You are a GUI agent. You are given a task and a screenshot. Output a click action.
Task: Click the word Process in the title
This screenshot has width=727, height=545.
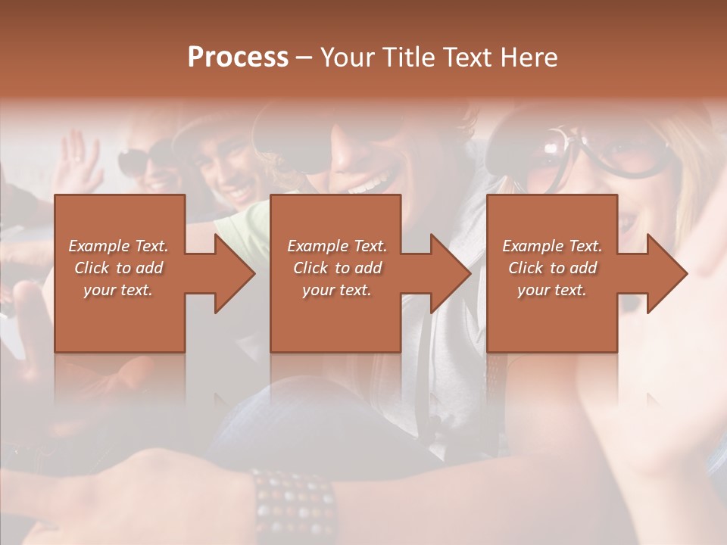238,58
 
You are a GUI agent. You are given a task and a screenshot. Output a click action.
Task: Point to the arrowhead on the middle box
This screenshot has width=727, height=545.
450,273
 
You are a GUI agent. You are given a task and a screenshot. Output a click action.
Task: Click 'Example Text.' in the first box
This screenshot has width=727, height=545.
119,246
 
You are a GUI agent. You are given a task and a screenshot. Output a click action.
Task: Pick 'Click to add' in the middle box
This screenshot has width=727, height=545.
337,268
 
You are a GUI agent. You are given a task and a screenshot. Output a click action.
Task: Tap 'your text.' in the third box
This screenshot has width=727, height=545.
552,290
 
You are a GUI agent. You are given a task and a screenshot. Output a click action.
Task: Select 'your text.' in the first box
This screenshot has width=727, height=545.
119,290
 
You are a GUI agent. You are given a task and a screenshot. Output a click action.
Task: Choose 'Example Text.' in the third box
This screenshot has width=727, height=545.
552,246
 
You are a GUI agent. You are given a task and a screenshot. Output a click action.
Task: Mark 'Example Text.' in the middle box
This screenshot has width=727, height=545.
337,246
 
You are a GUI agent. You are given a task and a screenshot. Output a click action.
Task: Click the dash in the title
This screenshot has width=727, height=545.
304,58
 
